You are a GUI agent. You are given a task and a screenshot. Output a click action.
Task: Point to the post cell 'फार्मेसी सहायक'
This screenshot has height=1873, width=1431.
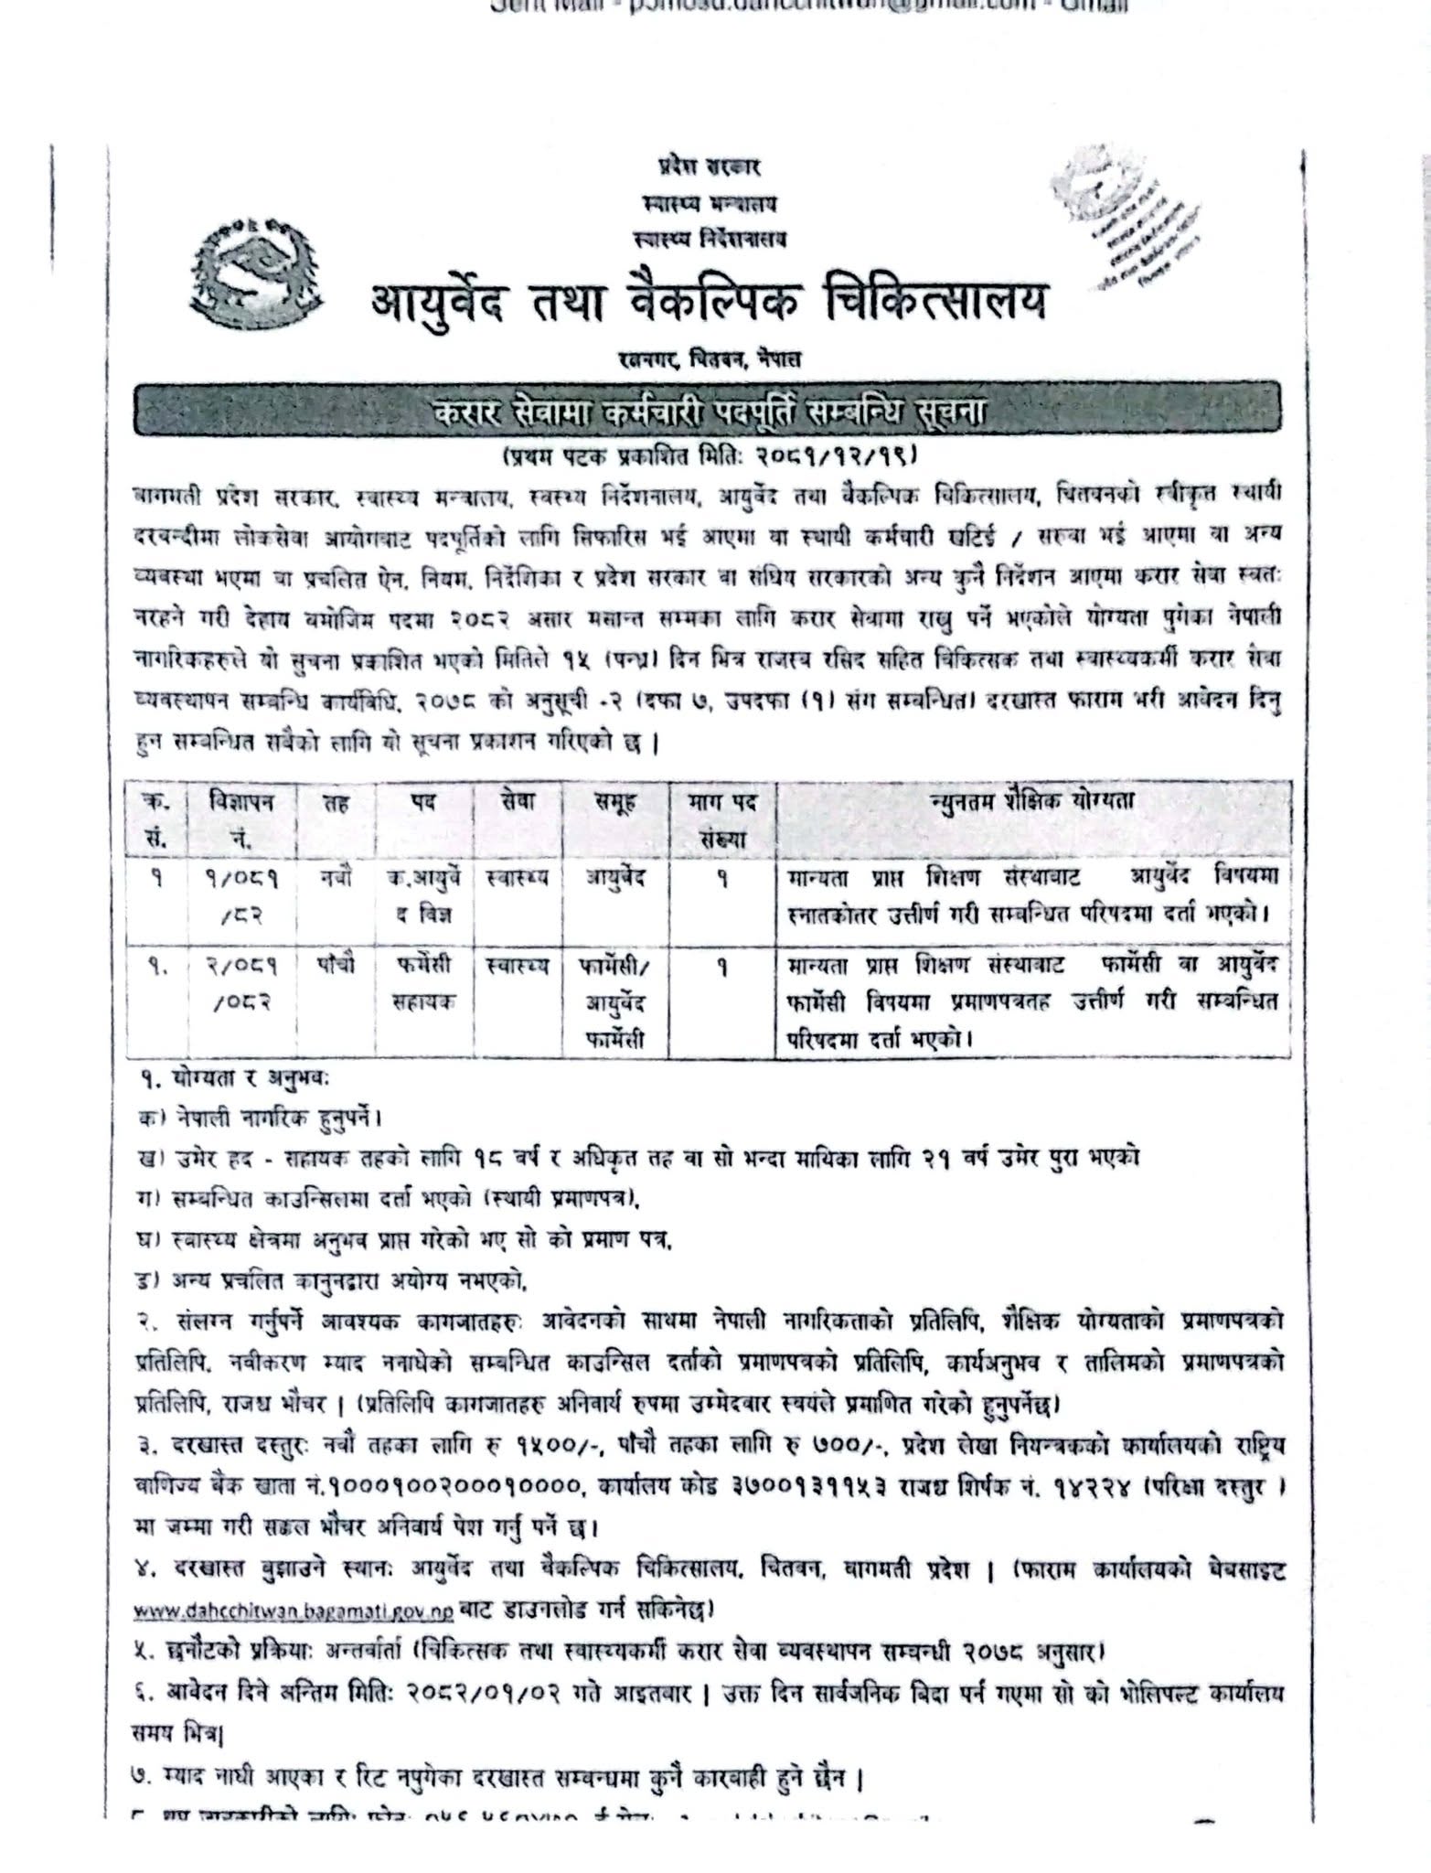tap(422, 985)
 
